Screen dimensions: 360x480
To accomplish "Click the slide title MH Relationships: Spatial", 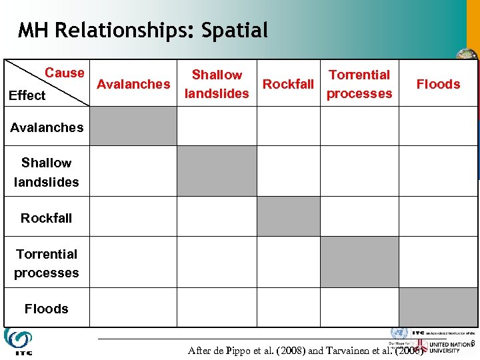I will coord(143,31).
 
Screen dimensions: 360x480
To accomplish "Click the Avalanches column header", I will coord(133,84).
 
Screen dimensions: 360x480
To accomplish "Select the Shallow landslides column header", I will coord(217,84).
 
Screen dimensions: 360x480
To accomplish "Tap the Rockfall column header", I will coord(288,84).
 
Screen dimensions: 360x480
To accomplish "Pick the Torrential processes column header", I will coord(359,84).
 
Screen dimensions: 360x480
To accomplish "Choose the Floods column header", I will coord(438,84).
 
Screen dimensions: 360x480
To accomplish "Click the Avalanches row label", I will coord(47,127).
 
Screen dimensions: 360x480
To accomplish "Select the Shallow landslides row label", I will coord(47,172).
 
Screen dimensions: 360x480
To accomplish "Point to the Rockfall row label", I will coord(47,218).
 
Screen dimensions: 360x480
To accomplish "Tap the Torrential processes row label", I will coord(47,263).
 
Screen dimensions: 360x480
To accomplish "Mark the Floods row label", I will coord(47,309).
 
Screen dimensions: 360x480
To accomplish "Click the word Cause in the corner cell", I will coord(65,73).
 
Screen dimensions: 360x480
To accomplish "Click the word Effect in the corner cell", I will coord(27,95).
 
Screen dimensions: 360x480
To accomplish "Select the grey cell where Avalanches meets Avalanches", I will coord(133,126).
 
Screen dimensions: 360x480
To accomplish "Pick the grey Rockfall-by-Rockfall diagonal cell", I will coord(288,217).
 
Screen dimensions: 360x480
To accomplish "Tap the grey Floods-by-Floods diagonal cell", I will coord(438,307).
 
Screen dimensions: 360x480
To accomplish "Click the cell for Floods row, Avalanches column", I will coord(133,307).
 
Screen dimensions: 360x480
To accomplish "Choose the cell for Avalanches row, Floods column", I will coord(438,126).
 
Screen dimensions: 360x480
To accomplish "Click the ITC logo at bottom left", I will coord(17,341).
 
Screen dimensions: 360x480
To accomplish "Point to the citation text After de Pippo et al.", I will coord(305,350).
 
